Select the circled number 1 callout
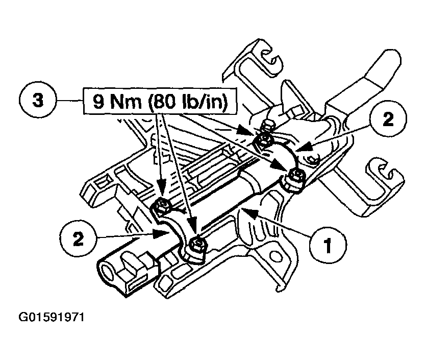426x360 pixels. coord(327,245)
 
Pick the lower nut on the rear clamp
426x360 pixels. coord(295,177)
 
